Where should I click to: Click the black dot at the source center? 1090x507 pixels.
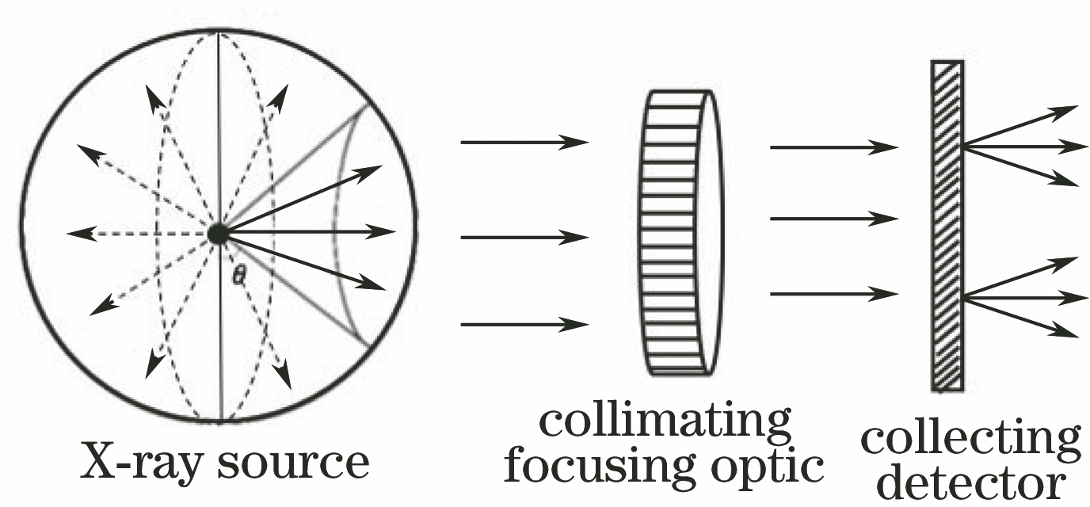[218, 233]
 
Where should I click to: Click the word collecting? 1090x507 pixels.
[971, 440]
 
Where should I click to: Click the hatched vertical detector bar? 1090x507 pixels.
[947, 226]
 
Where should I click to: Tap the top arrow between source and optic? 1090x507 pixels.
[524, 143]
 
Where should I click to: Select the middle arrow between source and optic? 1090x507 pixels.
[524, 236]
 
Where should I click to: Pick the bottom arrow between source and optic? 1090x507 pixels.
[524, 324]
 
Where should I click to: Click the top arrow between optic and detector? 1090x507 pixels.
[833, 147]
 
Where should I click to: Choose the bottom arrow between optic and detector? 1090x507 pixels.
[833, 294]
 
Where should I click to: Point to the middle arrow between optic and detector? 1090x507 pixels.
[833, 218]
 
